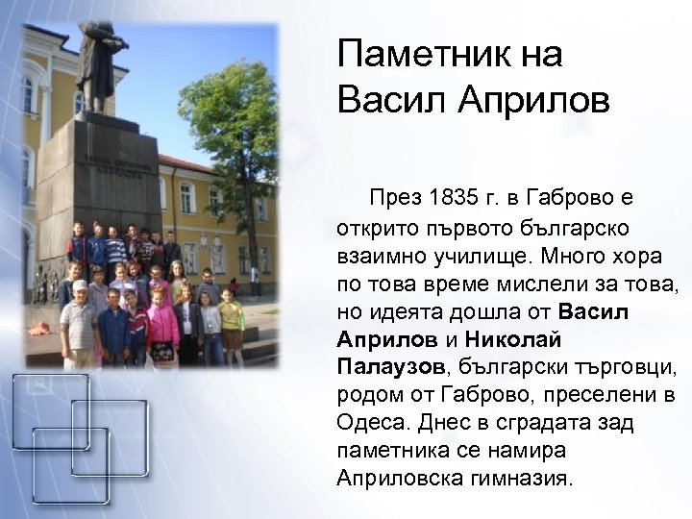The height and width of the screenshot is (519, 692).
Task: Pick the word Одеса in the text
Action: tap(369, 423)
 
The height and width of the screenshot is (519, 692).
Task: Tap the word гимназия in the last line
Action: tap(531, 478)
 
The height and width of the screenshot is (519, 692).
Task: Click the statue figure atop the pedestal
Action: tap(101, 62)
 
